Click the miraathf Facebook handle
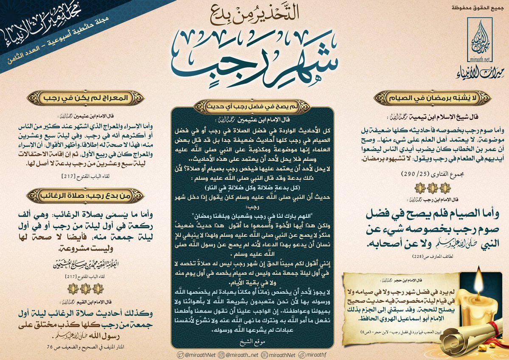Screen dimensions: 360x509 (x=315, y=354)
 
